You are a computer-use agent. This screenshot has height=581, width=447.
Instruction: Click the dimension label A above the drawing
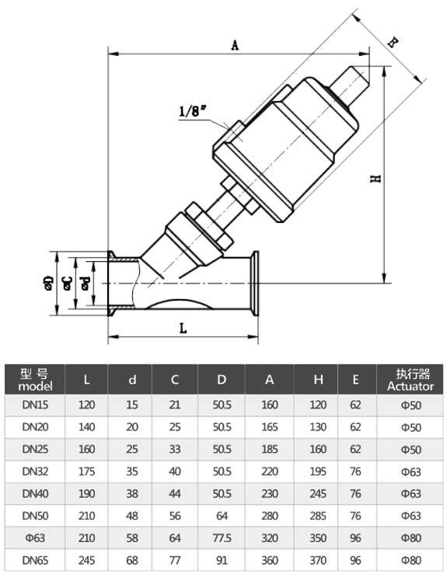coord(235,45)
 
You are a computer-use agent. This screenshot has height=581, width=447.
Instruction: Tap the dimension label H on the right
coord(375,178)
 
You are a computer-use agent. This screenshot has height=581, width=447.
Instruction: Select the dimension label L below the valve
coord(183,329)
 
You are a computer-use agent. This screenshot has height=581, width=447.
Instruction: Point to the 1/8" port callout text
coord(191,111)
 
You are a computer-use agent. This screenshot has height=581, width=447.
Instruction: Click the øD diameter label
coord(49,284)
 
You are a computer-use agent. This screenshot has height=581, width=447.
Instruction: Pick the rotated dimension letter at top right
coord(393,43)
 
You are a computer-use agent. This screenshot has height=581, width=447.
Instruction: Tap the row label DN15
coord(35,405)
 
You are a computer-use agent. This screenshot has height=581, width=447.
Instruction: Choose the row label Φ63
coord(35,537)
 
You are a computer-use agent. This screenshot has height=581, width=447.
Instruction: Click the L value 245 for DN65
coord(86,558)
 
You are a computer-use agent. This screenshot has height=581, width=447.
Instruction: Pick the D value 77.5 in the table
coord(222,537)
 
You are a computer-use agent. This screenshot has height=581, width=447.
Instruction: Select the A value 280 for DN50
coord(270,515)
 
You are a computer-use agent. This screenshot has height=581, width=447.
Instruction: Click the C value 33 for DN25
coord(175,449)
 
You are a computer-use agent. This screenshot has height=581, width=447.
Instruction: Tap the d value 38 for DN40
coord(132,493)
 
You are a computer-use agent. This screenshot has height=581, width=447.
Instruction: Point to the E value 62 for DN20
coord(355,427)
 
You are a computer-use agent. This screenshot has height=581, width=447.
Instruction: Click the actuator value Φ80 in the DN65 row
coord(410,558)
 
